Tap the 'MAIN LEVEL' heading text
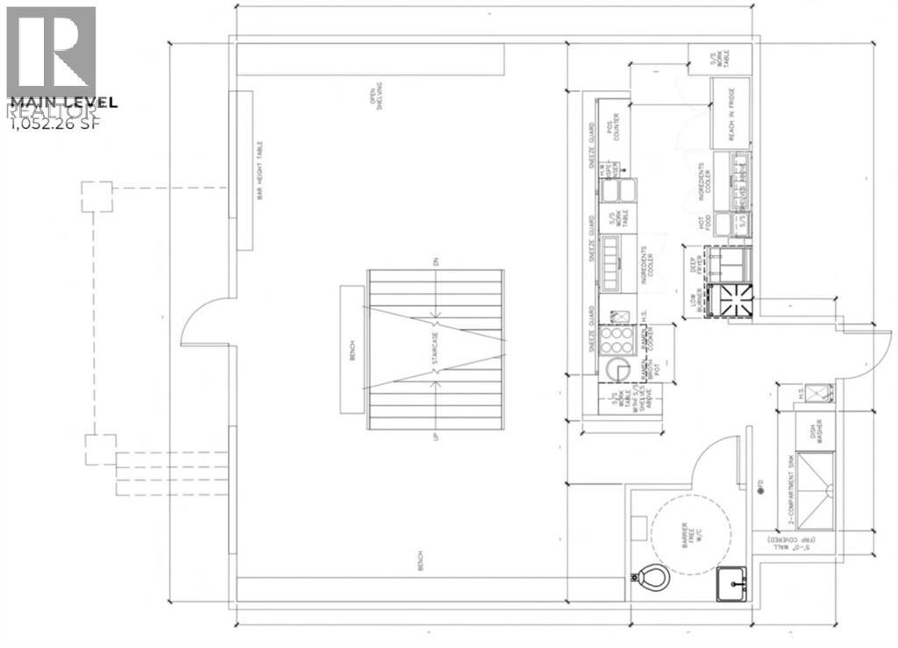coord(61,103)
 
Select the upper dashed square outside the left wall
coord(96,196)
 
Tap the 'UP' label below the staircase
coord(434,435)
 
